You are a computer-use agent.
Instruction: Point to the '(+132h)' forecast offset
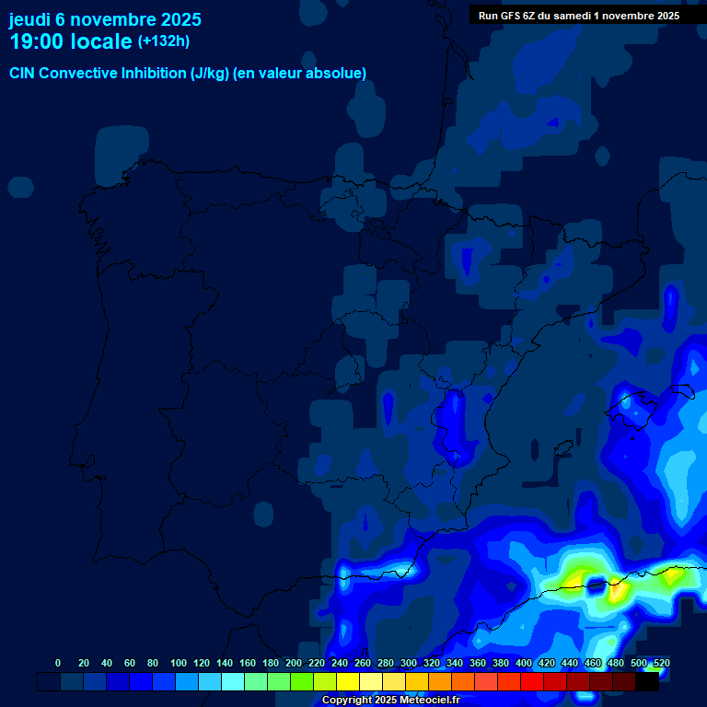click(165, 41)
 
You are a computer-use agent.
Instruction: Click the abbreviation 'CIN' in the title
click(23, 74)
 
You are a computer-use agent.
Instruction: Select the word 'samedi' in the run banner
click(577, 16)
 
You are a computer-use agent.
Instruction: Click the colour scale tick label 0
click(58, 663)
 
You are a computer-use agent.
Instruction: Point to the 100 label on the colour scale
click(178, 663)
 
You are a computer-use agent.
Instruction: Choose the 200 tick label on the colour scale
click(293, 663)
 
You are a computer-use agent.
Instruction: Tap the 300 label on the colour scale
click(409, 663)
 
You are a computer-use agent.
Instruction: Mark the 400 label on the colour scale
click(524, 663)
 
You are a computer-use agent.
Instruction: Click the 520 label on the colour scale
click(661, 663)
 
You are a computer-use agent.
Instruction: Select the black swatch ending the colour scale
click(647, 681)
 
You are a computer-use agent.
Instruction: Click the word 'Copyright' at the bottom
click(348, 701)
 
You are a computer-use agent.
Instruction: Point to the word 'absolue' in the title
click(338, 74)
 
